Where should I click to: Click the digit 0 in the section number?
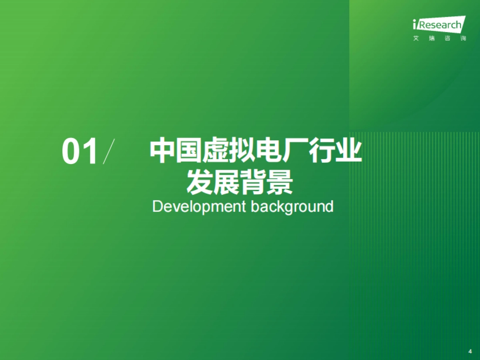coord(72,152)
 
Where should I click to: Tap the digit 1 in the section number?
coord(90,152)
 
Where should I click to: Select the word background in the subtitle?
coord(292,207)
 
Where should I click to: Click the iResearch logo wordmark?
coord(439,25)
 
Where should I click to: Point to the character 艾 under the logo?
coord(416,39)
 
